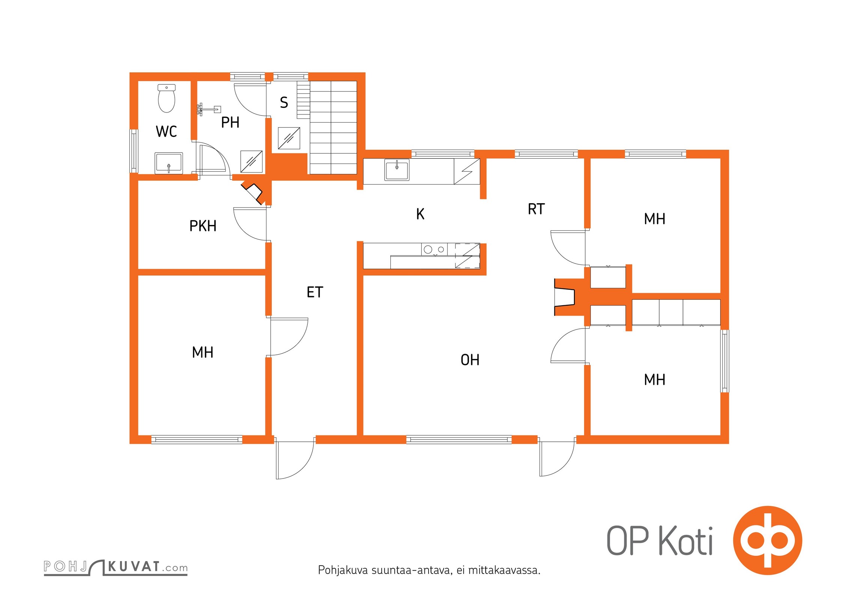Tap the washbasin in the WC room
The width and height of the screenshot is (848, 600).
click(x=169, y=163)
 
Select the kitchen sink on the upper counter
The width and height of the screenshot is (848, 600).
click(x=397, y=170)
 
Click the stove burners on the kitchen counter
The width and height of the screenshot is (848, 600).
click(x=434, y=249)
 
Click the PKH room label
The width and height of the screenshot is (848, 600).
click(x=203, y=226)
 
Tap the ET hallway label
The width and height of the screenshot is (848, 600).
click(x=315, y=292)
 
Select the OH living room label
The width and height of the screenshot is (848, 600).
click(x=470, y=360)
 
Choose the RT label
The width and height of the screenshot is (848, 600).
click(x=536, y=209)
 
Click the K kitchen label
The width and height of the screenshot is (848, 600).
click(x=420, y=214)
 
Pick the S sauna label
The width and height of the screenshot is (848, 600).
click(x=284, y=102)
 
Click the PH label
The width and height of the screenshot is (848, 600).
click(x=230, y=122)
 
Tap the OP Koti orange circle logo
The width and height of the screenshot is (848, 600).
click(x=768, y=540)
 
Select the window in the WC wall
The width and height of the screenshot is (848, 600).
click(x=134, y=151)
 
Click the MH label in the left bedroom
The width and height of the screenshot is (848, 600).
click(x=202, y=352)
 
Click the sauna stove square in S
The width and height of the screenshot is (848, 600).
click(x=289, y=138)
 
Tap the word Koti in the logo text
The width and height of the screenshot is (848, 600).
click(x=686, y=541)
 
